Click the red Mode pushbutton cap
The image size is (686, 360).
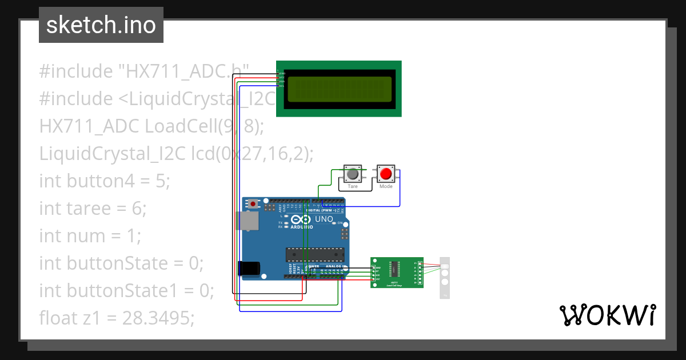point(386,173)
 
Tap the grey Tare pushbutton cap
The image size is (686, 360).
point(353,173)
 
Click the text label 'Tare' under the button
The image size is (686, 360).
point(353,187)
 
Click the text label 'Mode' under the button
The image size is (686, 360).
point(386,187)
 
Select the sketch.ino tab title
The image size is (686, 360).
point(101,25)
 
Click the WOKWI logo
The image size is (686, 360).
point(607,315)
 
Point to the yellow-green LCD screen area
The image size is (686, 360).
point(340,89)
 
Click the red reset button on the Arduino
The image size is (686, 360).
point(253,203)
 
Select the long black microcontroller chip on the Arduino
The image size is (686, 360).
point(316,253)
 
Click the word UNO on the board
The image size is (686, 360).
point(324,219)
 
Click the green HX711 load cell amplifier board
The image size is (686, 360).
point(396,272)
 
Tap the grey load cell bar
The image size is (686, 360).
point(445,277)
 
